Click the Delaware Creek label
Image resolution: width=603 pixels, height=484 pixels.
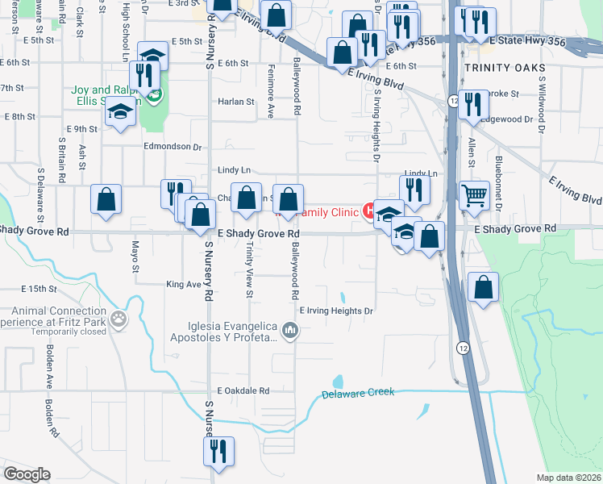click(x=358, y=394)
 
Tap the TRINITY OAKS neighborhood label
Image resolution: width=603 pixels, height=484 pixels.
click(x=500, y=68)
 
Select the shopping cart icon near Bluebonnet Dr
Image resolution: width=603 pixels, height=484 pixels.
click(x=475, y=194)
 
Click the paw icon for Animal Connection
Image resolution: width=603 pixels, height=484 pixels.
click(x=119, y=319)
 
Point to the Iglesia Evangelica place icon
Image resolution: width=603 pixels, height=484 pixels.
click(x=291, y=330)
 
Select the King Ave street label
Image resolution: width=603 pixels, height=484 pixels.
click(x=182, y=284)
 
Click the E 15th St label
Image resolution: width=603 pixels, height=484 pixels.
click(x=40, y=288)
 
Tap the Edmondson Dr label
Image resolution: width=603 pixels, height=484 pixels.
click(x=172, y=147)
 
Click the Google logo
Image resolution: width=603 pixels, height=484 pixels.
click(x=27, y=474)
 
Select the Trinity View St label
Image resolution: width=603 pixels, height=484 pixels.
click(x=249, y=270)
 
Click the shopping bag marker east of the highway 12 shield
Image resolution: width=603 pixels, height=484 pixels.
click(x=483, y=288)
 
